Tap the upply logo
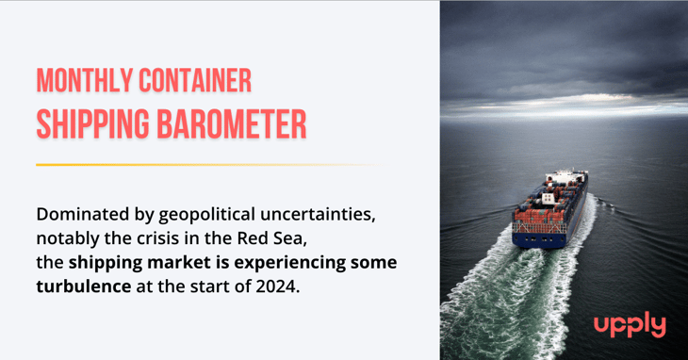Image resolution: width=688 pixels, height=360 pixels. click(630, 326)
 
